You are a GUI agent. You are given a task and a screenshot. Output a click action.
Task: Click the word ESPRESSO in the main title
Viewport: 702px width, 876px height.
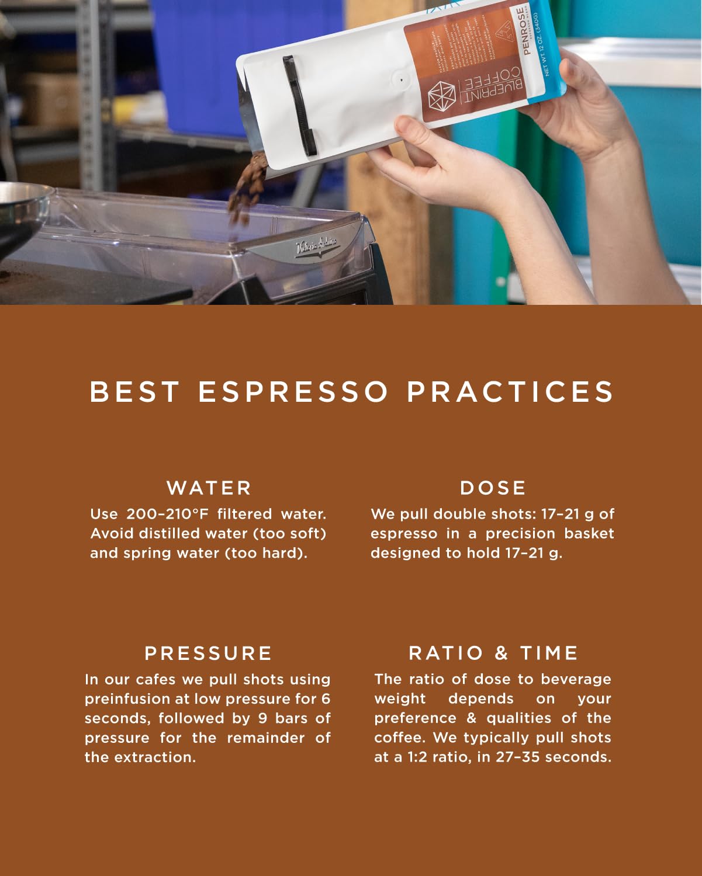pos(293,392)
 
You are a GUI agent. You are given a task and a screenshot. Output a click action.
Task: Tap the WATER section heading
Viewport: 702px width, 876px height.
pos(209,488)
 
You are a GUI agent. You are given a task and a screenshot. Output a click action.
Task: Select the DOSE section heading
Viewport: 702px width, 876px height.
pos(493,488)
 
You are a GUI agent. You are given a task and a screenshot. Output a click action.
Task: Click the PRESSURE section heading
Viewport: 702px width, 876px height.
pos(208,653)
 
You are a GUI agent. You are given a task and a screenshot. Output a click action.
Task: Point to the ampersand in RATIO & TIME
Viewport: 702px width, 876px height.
pos(502,653)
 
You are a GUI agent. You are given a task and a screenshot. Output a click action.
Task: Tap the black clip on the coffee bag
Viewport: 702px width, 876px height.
pos(299,105)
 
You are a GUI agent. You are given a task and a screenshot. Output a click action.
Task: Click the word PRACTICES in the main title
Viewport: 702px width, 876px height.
pos(510,392)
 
